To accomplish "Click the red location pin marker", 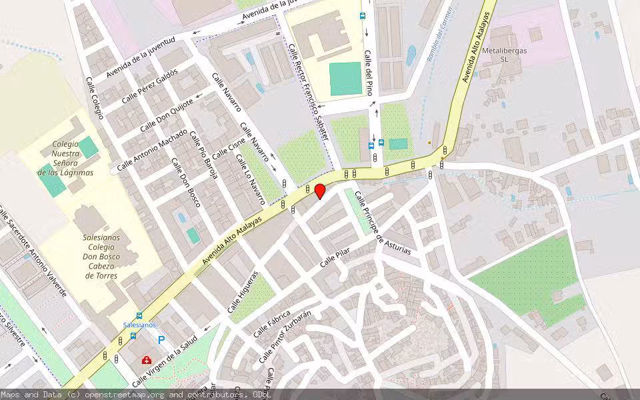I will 320,191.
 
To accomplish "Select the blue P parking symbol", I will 161,339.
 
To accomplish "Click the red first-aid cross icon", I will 146,360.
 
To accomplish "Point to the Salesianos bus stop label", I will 139,325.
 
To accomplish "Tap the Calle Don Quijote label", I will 166,115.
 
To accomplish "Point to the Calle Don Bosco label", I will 185,182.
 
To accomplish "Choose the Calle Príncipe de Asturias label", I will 382,223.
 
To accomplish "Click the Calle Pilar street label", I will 334,255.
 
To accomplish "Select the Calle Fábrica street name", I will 272,323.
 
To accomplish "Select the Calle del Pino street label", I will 367,73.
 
